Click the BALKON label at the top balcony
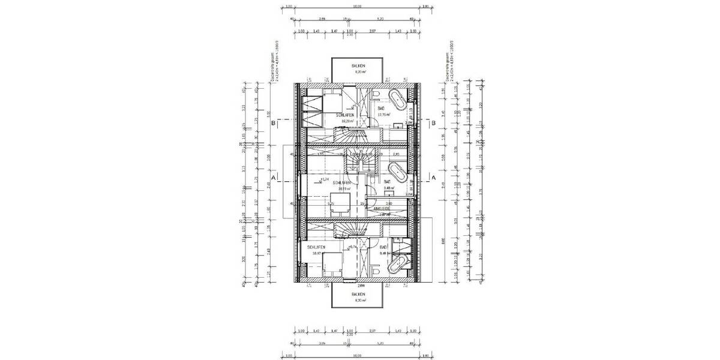point(358,66)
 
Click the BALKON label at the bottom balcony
point(358,295)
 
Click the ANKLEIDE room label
point(382,209)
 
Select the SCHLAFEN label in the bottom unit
point(316,247)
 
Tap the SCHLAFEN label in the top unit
point(345,115)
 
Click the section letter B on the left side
point(273,124)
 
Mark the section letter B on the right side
point(433,124)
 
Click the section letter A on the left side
point(273,178)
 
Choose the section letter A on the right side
point(433,178)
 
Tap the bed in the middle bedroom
point(339,202)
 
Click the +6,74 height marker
point(353,246)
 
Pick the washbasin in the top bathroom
point(399,125)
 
